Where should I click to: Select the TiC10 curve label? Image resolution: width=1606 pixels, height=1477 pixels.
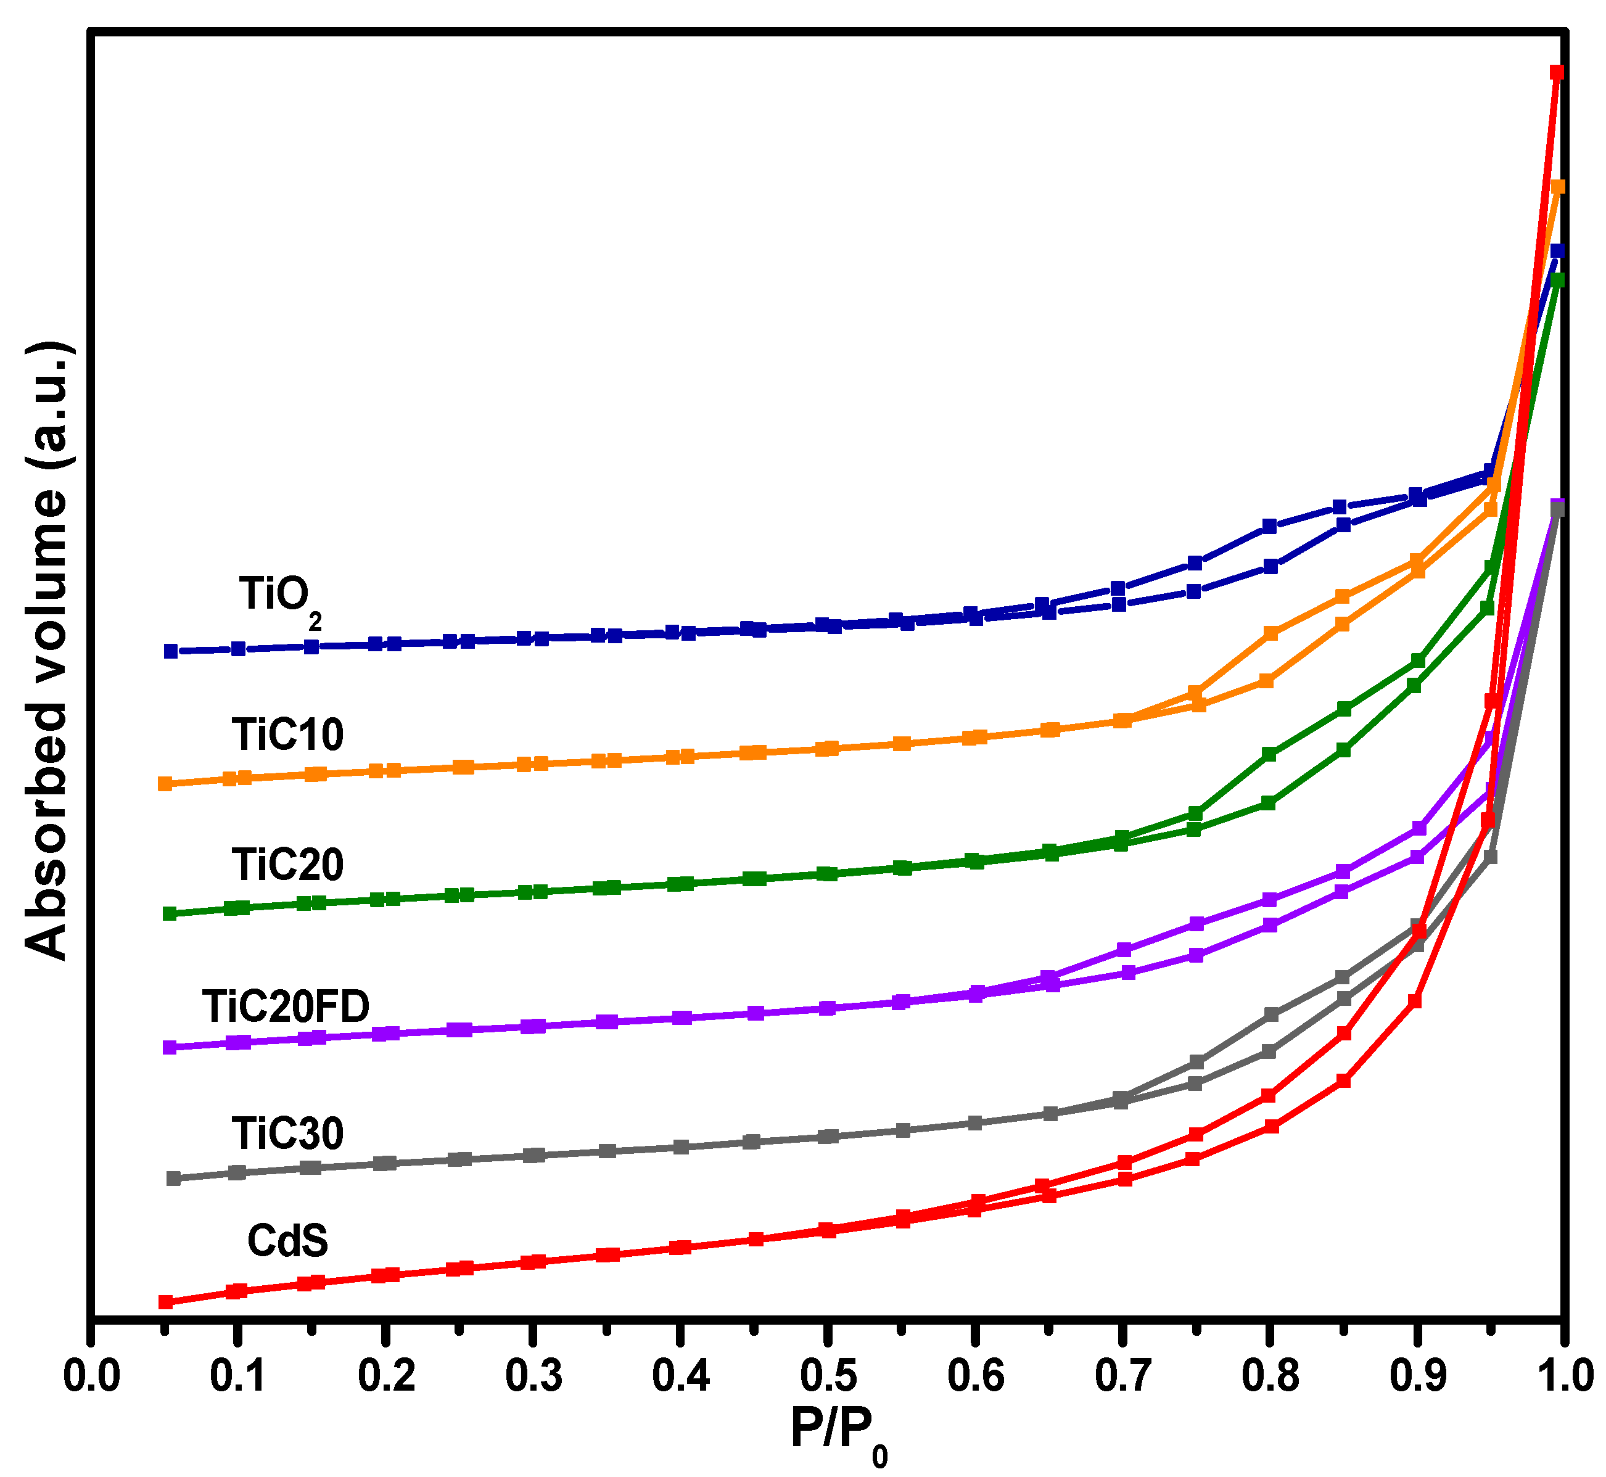tap(288, 734)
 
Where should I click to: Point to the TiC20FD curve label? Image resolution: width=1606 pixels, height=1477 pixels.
tap(286, 1007)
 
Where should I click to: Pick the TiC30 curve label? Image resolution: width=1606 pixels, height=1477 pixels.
tap(288, 1133)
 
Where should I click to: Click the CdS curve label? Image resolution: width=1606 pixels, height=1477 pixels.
tap(288, 1241)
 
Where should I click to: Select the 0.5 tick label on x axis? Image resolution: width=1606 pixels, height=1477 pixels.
tap(828, 1376)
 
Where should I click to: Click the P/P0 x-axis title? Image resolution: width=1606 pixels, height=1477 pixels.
tap(838, 1431)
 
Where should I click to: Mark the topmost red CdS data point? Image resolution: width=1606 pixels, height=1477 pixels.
tap(1557, 73)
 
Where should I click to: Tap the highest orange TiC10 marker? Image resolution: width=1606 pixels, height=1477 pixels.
tap(1558, 187)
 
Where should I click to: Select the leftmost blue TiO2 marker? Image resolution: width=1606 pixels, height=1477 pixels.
tap(170, 651)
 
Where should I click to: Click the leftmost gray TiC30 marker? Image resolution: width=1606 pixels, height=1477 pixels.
tap(173, 1179)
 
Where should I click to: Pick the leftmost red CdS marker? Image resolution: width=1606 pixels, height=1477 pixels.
tap(165, 1302)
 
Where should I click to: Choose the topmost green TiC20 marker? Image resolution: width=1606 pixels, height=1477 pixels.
tap(1557, 281)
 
